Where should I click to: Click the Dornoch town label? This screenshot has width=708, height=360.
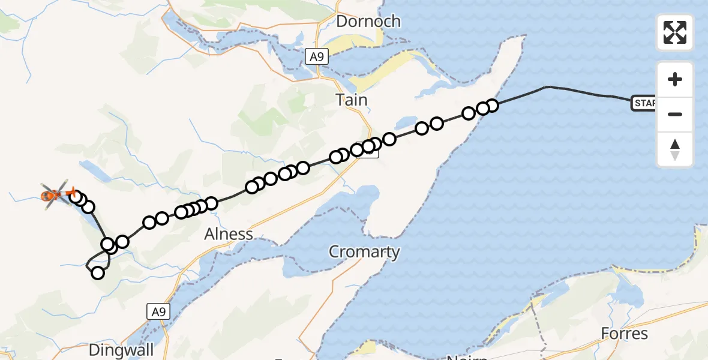pos(368,22)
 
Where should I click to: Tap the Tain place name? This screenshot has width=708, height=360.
pos(352,100)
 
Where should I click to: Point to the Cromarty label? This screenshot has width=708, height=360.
pos(364,251)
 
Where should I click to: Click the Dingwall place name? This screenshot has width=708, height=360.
pos(121,350)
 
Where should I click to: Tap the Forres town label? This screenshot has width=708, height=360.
pos(625,333)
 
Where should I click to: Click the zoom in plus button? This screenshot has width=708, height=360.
pos(675,79)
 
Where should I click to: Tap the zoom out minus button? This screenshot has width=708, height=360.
pos(675,114)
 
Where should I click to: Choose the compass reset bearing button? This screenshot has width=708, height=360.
pos(675,149)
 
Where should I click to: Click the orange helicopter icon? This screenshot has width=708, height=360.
pos(55,194)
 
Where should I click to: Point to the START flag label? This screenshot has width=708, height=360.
pos(644,103)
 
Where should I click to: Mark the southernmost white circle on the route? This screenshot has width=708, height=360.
pos(97,273)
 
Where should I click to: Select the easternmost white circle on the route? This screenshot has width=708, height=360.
pos(491,106)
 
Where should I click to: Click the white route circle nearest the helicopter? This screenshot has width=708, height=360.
pos(75,197)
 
